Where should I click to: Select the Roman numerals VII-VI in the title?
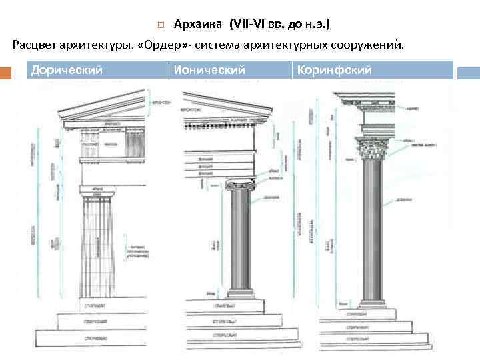pos(250,25)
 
